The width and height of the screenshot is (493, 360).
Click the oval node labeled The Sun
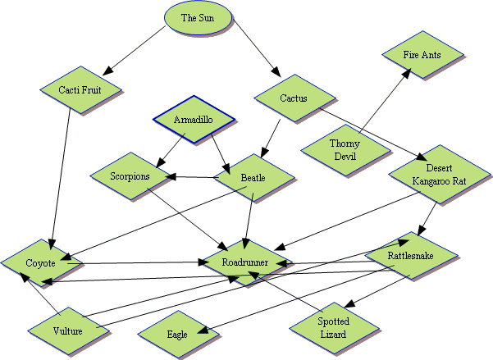coord(200,18)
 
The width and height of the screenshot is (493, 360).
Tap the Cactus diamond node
coord(293,99)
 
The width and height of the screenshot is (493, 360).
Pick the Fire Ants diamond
coord(422,54)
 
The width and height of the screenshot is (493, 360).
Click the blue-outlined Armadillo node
coord(194,121)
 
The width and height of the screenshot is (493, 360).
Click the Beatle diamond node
coord(252,176)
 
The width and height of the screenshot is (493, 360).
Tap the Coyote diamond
coord(40,263)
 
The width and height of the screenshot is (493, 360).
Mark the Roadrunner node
coord(244,263)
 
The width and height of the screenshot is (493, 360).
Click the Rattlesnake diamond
coord(410,256)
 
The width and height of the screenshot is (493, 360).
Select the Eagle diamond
coord(176,335)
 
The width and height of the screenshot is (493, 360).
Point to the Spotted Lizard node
coord(333,328)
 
